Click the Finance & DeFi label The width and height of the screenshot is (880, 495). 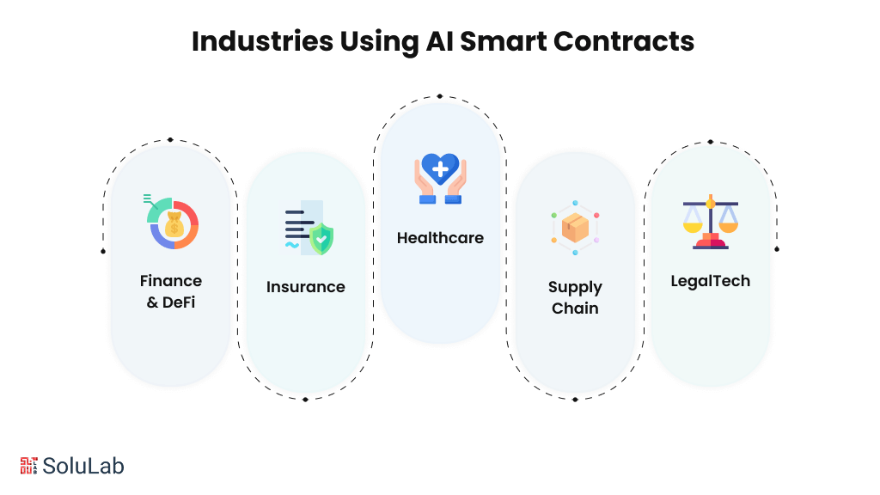point(171,291)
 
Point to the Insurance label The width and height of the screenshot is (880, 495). point(306,287)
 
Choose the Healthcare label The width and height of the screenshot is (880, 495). point(440,238)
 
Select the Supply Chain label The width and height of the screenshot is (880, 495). point(575,297)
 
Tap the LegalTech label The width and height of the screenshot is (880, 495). point(710,281)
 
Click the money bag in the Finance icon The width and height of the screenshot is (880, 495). point(174,224)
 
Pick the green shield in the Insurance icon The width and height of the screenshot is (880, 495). point(321,238)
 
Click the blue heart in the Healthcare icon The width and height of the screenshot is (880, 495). point(440,168)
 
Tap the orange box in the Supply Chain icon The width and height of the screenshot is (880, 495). point(575,228)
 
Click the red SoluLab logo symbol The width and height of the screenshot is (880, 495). point(28,466)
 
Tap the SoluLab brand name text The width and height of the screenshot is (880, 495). point(83,466)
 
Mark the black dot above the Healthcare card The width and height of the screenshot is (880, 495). point(440,96)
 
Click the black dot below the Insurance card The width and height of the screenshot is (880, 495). point(306,399)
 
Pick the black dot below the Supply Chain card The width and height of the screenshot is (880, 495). point(575,399)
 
